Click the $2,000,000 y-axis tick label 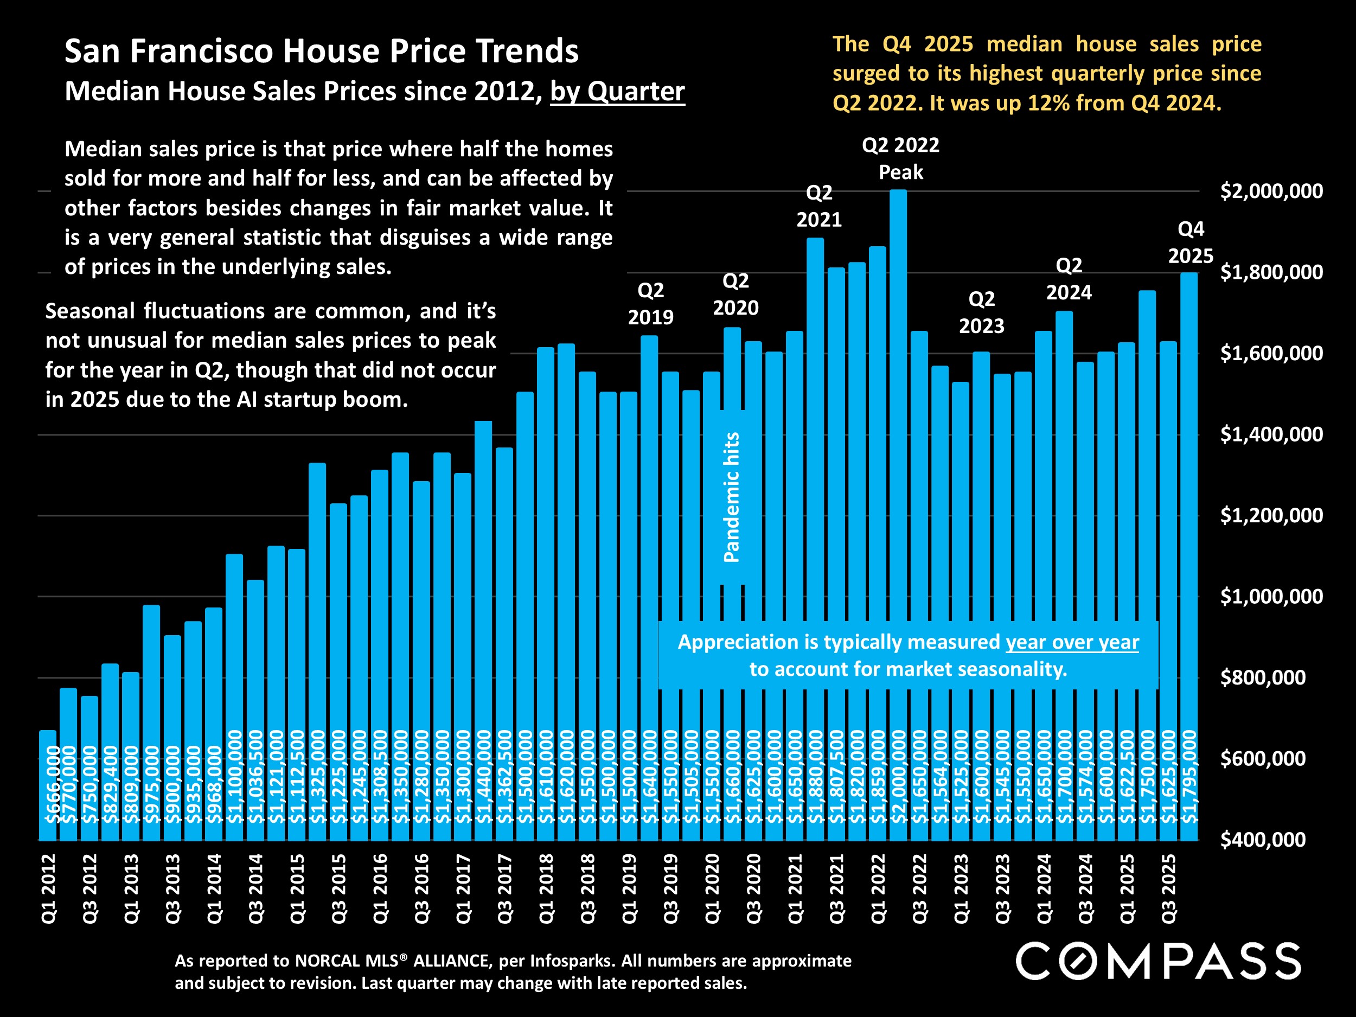pyautogui.click(x=1271, y=191)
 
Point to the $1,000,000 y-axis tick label pyautogui.click(x=1271, y=597)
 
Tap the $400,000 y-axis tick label pyautogui.click(x=1262, y=839)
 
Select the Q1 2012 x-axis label pyautogui.click(x=48, y=888)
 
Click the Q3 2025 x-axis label pyautogui.click(x=1168, y=888)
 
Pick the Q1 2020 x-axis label pyautogui.click(x=712, y=888)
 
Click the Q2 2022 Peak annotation pyautogui.click(x=900, y=159)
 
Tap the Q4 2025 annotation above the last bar pyautogui.click(x=1190, y=242)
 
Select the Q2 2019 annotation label pyautogui.click(x=650, y=303)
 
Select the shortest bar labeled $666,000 pyautogui.click(x=48, y=785)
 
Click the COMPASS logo pyautogui.click(x=1158, y=961)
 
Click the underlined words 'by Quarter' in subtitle pyautogui.click(x=617, y=91)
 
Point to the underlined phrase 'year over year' pyautogui.click(x=1072, y=642)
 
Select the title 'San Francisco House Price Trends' pyautogui.click(x=321, y=50)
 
